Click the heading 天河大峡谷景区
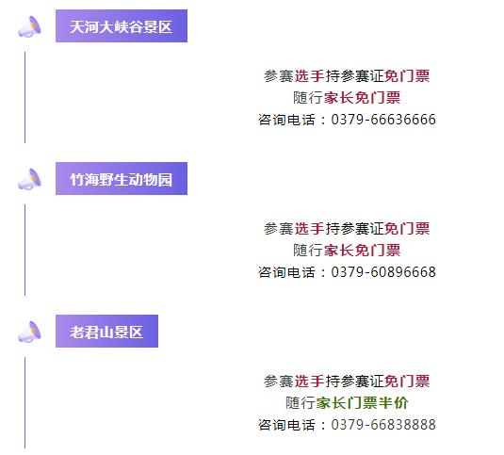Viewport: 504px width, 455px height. point(122,26)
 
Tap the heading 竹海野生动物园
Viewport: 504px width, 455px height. point(122,179)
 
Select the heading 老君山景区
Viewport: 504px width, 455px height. point(106,332)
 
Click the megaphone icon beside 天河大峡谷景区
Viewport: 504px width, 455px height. point(29,26)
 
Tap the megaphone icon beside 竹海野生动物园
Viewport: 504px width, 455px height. point(29,179)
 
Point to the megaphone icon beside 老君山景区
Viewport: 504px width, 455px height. point(29,332)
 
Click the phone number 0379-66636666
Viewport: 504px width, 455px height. point(383,120)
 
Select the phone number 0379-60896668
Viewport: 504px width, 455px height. point(383,272)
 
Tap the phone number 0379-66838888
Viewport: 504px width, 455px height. point(383,425)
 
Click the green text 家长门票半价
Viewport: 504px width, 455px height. point(363,403)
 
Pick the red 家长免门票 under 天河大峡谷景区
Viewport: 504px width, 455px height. point(363,98)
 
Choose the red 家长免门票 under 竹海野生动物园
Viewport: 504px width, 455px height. point(363,251)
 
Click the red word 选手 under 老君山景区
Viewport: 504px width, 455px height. point(309,382)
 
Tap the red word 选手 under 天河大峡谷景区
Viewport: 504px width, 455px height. point(309,76)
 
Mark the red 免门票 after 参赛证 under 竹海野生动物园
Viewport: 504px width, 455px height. point(407,229)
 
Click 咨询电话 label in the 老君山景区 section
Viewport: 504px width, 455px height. point(286,425)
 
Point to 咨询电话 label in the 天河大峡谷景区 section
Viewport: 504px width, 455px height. point(286,120)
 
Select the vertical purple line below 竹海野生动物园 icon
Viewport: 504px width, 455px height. point(25,250)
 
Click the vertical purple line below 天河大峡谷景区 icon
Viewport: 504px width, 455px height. point(25,97)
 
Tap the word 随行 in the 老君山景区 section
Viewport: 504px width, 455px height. point(301,403)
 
